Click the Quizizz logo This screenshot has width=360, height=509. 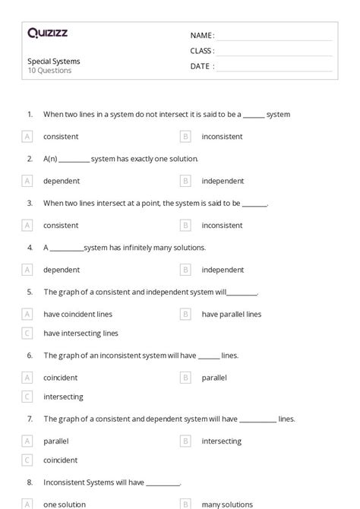(x=47, y=33)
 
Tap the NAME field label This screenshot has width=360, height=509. (x=202, y=35)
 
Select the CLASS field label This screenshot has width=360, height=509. (x=202, y=51)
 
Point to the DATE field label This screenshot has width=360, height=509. (x=202, y=66)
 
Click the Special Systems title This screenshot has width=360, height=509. (x=54, y=61)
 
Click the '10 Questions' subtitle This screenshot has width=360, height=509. (x=49, y=71)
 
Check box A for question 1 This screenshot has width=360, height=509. (x=27, y=137)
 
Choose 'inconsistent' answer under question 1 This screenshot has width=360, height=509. (x=222, y=137)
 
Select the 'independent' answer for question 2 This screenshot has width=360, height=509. (x=223, y=181)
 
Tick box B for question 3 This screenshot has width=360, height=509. (x=185, y=225)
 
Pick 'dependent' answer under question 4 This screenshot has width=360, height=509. (x=62, y=270)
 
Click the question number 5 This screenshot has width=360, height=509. (x=30, y=292)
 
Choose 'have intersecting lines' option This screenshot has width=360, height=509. (x=81, y=333)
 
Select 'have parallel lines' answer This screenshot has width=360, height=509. (x=231, y=314)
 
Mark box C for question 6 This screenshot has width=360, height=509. (x=27, y=396)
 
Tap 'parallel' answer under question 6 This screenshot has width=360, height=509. (x=214, y=377)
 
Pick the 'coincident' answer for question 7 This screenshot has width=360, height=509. (x=61, y=460)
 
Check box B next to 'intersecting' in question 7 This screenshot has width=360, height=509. (x=185, y=441)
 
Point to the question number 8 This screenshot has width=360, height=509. (x=30, y=482)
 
